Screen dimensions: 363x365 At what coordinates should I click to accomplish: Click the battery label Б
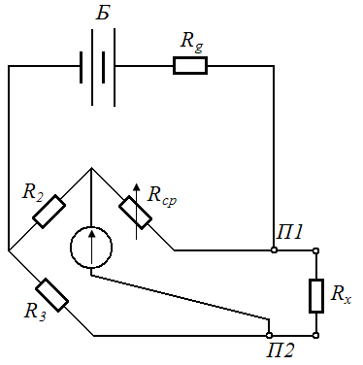point(103,13)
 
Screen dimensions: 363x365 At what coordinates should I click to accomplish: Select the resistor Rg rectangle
point(190,66)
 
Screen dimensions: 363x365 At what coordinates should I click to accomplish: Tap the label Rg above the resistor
point(191,42)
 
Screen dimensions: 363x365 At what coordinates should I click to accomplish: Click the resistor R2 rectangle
point(49,212)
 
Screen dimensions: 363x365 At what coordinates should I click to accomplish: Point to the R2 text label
point(33,192)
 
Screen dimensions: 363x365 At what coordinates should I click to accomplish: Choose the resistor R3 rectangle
point(51,295)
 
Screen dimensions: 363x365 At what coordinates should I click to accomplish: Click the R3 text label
point(35,312)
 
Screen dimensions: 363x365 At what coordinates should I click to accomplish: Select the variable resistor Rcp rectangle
point(135,212)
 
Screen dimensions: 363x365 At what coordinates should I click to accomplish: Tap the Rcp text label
point(162,196)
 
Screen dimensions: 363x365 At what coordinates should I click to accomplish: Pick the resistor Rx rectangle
point(316,296)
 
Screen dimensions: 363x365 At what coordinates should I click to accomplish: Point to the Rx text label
point(341,294)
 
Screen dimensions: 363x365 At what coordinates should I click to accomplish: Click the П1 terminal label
point(289,232)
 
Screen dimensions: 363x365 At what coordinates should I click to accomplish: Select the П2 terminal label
point(280,349)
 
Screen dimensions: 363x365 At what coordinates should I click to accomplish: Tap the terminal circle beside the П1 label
point(274,250)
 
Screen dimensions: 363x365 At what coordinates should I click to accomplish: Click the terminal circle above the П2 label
point(269,335)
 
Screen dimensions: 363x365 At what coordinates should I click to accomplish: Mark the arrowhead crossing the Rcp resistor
point(137,187)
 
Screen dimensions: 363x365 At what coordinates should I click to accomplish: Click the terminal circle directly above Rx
point(316,250)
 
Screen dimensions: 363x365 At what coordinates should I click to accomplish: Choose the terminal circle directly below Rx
point(316,335)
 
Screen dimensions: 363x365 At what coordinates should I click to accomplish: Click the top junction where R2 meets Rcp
point(91,168)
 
